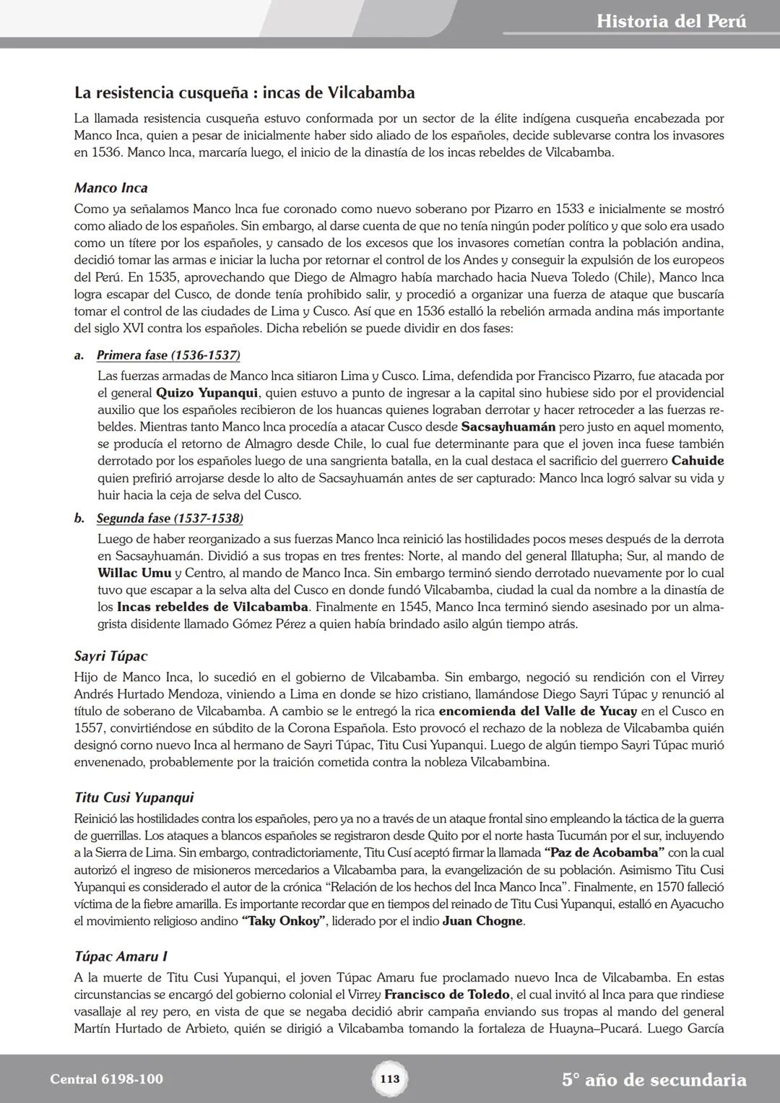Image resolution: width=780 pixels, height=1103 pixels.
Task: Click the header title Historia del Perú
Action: (671, 21)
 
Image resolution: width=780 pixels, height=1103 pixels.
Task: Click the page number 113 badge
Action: (389, 1079)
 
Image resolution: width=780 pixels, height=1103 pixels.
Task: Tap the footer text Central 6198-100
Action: (107, 1079)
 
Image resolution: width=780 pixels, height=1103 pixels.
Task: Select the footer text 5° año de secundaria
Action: (654, 1080)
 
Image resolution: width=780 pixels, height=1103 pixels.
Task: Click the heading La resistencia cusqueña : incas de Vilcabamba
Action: (244, 92)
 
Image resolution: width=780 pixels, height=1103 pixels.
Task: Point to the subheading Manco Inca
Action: (110, 188)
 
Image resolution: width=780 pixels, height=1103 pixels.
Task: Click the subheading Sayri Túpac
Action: (110, 656)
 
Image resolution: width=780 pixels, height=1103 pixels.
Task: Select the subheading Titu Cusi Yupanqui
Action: (134, 797)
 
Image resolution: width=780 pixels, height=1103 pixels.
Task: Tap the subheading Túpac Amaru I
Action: (121, 956)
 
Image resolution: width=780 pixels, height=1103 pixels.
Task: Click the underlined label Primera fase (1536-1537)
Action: (168, 355)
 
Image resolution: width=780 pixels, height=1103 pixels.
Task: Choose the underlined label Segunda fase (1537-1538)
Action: (170, 519)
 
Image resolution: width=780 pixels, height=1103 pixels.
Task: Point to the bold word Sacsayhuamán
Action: (508, 427)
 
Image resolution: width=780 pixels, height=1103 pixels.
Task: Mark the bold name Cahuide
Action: (697, 461)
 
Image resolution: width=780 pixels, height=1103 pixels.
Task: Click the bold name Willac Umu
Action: (134, 573)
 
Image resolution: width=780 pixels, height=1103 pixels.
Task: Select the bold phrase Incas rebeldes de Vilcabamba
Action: (212, 607)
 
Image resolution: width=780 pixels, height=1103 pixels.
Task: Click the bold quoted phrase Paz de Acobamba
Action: (604, 853)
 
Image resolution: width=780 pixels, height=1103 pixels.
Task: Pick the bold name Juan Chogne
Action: (482, 922)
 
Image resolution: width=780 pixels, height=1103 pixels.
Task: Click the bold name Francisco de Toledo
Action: (446, 995)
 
